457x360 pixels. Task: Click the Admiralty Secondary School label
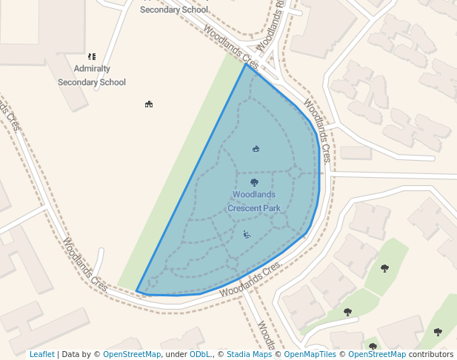[92, 75]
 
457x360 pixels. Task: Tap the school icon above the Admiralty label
[92, 56]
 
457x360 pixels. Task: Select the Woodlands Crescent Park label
[254, 201]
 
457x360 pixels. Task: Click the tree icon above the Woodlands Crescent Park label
[254, 182]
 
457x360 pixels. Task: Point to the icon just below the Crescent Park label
[247, 234]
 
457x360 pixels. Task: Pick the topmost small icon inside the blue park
[256, 149]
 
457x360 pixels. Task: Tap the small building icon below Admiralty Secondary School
[149, 104]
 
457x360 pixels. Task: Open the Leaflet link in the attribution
[41, 355]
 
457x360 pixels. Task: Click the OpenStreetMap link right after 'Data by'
[132, 355]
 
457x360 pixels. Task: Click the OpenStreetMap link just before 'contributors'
[377, 355]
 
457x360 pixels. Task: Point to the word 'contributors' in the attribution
[431, 355]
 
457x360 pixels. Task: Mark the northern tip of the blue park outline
[245, 64]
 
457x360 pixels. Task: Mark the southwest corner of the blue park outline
[137, 291]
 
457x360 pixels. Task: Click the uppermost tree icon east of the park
[384, 268]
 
